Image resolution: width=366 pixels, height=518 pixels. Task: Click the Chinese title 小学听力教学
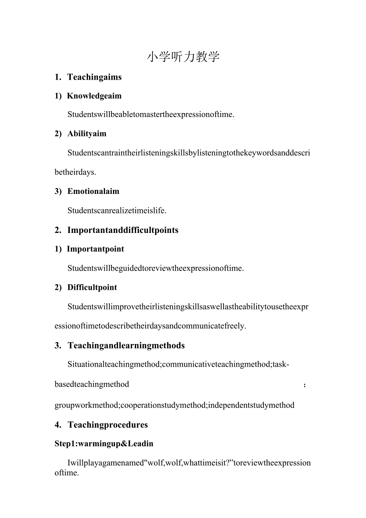click(183, 57)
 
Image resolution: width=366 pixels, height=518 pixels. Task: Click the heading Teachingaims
click(94, 77)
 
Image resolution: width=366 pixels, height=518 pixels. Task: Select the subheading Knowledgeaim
click(94, 96)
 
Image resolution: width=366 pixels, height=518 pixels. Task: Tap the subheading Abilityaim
click(87, 134)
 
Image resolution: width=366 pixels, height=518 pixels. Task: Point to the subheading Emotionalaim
click(93, 192)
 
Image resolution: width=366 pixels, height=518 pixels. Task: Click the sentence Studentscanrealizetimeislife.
click(117, 211)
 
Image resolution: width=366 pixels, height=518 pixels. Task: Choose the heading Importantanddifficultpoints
click(123, 230)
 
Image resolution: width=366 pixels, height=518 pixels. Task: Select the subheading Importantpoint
click(95, 249)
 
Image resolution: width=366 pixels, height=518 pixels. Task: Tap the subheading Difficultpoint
click(92, 287)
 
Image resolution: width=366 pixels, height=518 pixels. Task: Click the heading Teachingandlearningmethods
click(126, 346)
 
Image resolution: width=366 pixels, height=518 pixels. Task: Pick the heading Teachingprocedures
click(108, 425)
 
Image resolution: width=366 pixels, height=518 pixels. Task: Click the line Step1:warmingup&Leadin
click(104, 444)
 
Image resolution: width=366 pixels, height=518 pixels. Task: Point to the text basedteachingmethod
click(92, 384)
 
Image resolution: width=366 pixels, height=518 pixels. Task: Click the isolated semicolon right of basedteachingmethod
click(305, 385)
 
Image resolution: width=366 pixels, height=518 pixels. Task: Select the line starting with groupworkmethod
click(174, 405)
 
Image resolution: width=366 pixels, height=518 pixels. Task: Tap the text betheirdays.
click(75, 172)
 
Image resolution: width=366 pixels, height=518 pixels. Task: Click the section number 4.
click(58, 425)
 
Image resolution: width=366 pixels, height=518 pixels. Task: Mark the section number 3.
click(58, 346)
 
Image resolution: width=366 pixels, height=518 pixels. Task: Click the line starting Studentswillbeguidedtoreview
click(156, 268)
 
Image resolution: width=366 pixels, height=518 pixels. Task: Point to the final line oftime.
click(67, 473)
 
